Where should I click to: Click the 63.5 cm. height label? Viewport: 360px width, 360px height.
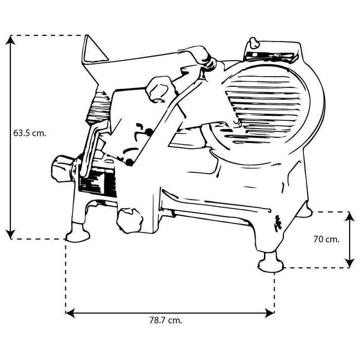[30, 133]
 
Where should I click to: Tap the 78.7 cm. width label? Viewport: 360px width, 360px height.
[166, 320]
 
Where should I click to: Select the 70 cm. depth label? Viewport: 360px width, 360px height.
[326, 239]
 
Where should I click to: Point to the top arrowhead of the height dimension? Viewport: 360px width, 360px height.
[10, 40]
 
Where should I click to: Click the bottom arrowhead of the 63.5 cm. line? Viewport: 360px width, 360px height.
[10, 234]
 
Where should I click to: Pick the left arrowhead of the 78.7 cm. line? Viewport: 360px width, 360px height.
[70, 313]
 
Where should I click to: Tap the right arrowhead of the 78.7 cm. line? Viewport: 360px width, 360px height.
[270, 313]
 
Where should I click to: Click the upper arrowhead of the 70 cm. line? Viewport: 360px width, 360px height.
[350, 217]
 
